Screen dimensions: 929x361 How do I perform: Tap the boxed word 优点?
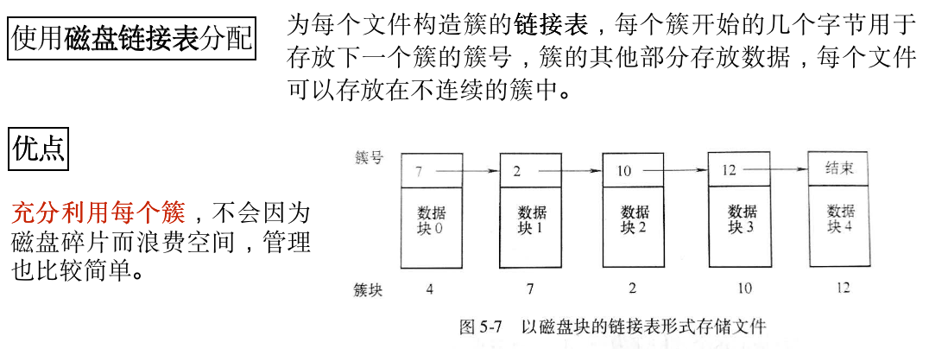(39, 149)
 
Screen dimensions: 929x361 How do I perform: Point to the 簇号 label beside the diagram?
(370, 158)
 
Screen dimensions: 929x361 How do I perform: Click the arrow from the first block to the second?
(471, 171)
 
